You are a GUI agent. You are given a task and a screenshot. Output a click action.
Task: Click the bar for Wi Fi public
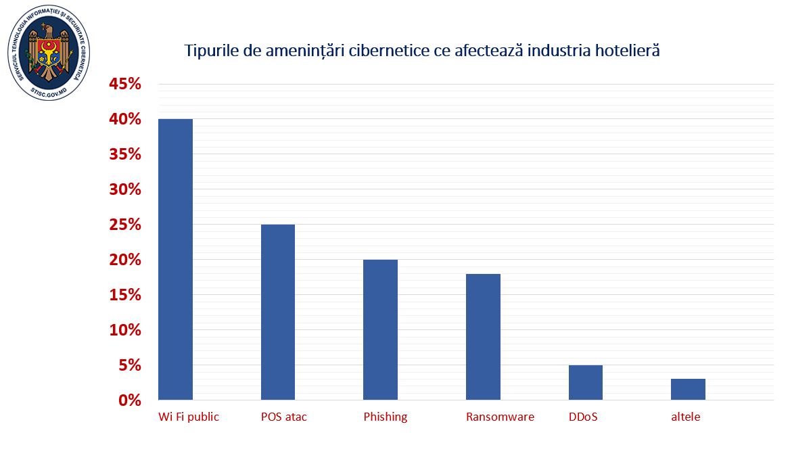(x=176, y=259)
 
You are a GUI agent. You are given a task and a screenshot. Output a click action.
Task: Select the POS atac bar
(x=278, y=312)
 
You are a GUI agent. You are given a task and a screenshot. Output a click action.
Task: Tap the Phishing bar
(x=380, y=329)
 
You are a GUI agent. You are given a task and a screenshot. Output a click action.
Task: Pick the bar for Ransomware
(x=483, y=336)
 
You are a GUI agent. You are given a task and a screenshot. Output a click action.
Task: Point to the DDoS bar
(x=585, y=382)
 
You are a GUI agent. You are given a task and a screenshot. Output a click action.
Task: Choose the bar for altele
(x=688, y=389)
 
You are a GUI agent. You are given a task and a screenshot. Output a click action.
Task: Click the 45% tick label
(x=125, y=85)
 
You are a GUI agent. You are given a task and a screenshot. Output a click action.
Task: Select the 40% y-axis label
(x=125, y=120)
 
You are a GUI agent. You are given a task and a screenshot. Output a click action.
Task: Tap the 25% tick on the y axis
(x=125, y=225)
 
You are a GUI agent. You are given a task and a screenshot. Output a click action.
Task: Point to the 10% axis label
(x=125, y=330)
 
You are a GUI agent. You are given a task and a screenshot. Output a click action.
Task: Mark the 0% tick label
(x=130, y=400)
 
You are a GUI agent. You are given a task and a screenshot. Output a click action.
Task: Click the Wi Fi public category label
(x=189, y=417)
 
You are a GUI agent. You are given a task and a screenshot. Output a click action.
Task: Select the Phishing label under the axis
(x=386, y=417)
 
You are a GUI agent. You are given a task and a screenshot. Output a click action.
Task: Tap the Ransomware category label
(x=500, y=417)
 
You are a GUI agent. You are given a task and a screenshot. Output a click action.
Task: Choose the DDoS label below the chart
(x=583, y=417)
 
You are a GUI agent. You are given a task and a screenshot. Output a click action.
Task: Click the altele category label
(x=686, y=417)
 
